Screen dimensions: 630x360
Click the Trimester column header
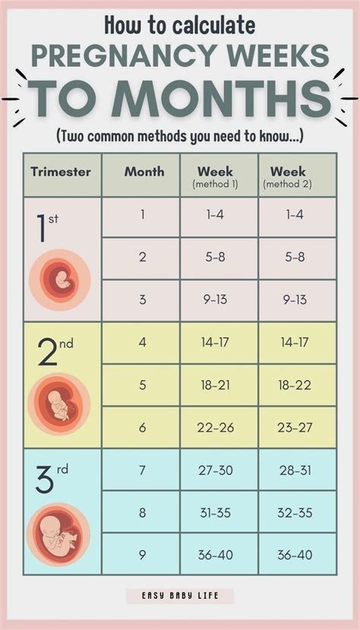[61, 172]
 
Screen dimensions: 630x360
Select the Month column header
[143, 172]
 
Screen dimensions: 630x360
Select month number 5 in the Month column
[142, 385]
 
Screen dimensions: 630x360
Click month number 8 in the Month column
[142, 513]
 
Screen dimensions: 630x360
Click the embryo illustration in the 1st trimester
[59, 281]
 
